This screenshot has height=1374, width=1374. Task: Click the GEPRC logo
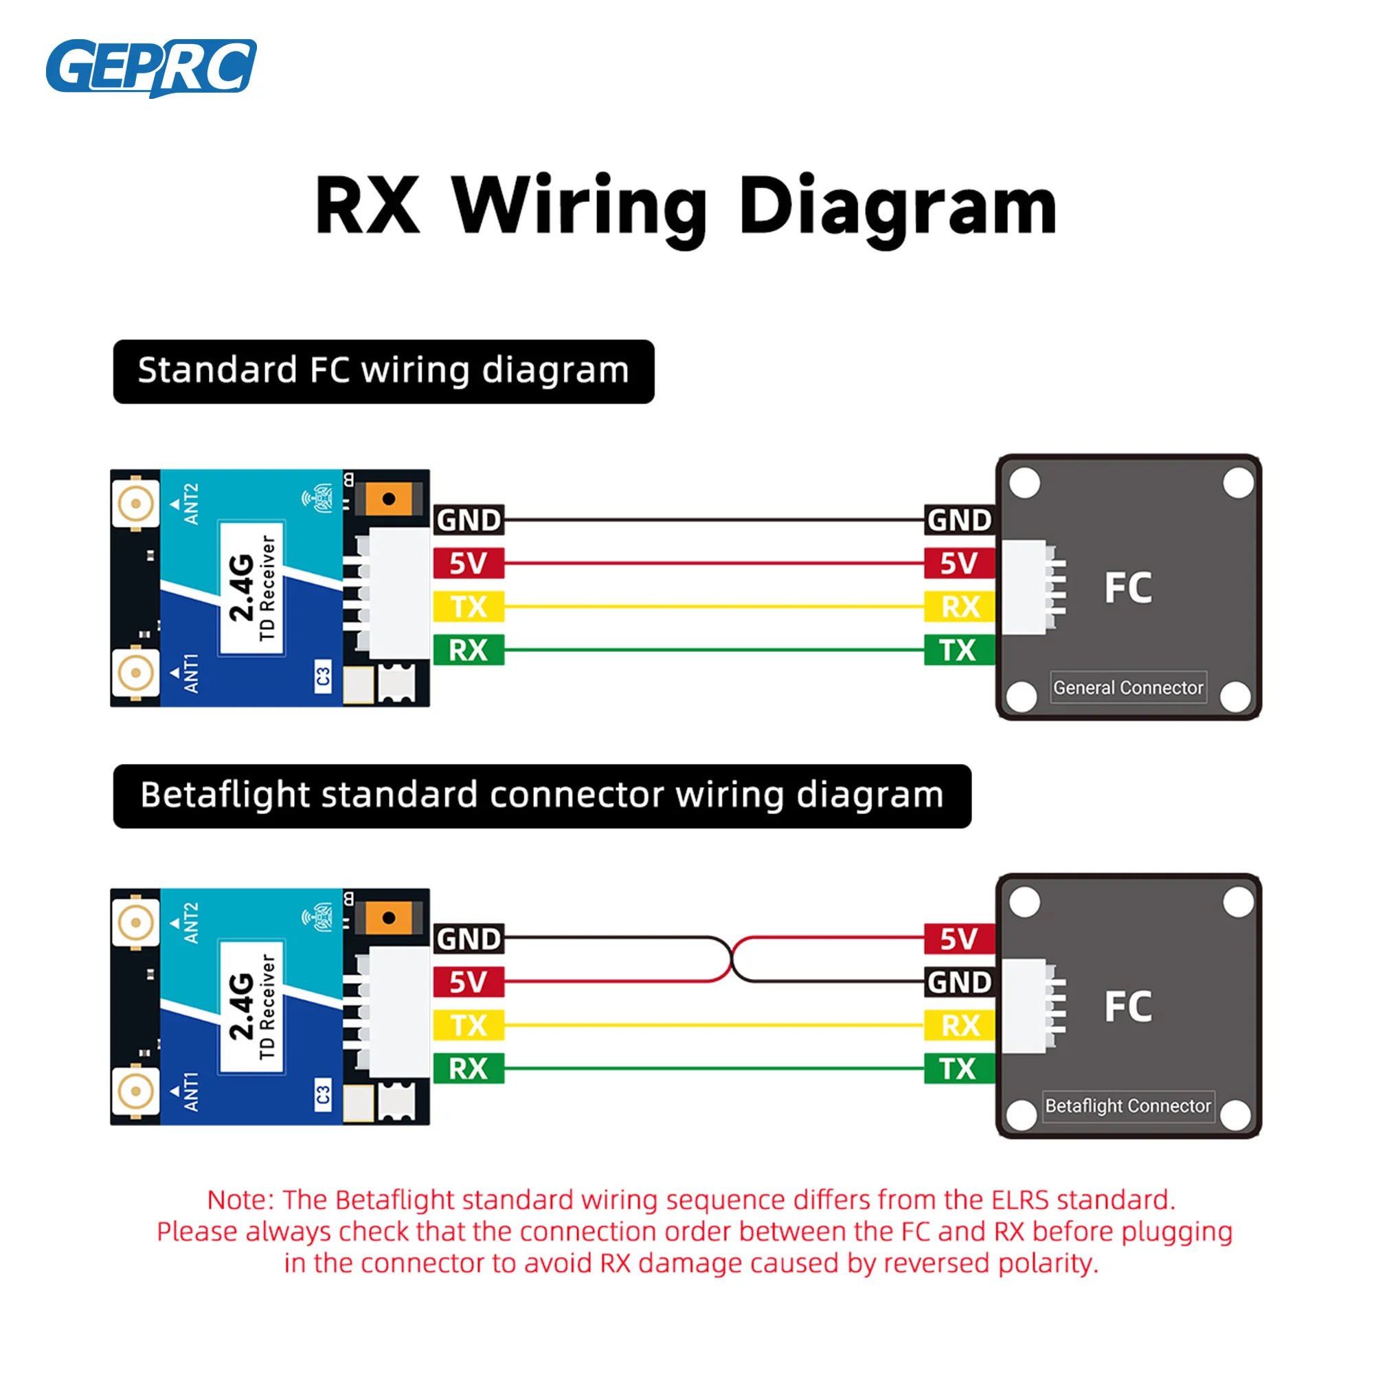pos(150,67)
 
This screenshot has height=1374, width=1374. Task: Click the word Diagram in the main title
pos(897,206)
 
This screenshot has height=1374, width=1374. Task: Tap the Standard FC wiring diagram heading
pos(383,371)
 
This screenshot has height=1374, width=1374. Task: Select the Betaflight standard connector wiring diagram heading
pos(542,796)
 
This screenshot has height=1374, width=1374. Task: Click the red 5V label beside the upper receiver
pos(469,563)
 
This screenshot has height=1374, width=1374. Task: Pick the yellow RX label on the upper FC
pos(959,607)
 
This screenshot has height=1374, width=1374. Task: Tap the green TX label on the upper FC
pos(959,650)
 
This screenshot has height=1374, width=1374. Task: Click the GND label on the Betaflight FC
pos(959,982)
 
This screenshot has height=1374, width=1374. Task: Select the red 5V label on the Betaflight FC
pos(959,938)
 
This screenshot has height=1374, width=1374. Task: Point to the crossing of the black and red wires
pos(732,960)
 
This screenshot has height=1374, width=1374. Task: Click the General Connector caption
pos(1128,688)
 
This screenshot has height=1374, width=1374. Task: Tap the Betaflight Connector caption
pos(1128,1106)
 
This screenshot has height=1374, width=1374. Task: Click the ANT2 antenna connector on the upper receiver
pos(135,504)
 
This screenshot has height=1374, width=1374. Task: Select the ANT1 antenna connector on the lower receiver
pos(135,1090)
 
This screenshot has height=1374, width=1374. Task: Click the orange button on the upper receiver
pos(389,499)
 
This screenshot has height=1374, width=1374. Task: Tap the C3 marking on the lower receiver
pos(323,1094)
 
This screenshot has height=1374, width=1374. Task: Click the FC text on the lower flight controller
pos(1128,1006)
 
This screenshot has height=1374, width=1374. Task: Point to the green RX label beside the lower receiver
pos(469,1068)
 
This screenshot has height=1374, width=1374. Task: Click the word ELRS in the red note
pos(1020,1200)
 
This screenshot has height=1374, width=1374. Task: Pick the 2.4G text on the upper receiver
pos(242,587)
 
